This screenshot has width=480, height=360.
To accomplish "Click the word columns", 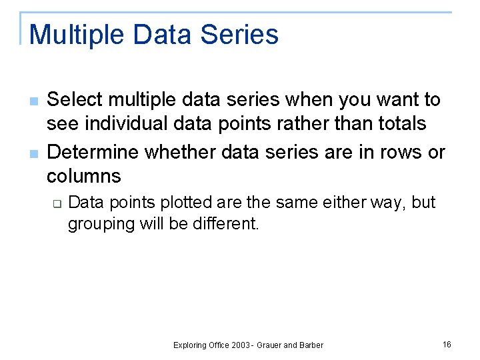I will click(x=84, y=176).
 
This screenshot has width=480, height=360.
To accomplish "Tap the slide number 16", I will click(x=447, y=344).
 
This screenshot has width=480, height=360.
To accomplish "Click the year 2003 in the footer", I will click(x=241, y=345).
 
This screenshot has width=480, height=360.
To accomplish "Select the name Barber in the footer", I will click(x=311, y=345).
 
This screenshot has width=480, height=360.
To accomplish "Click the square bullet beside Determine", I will click(x=33, y=154).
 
